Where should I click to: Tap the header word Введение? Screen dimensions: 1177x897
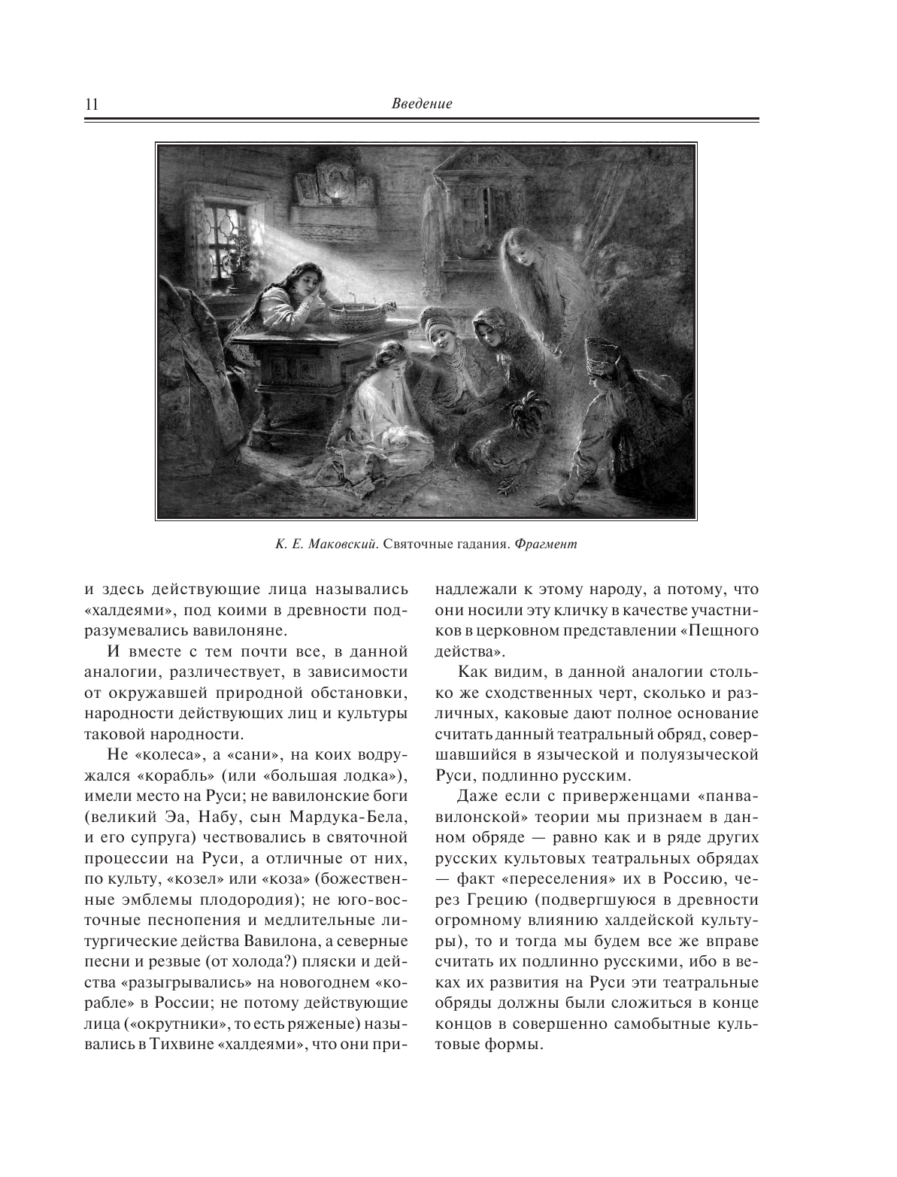click(421, 104)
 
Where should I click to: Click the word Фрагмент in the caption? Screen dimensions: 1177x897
click(547, 544)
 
